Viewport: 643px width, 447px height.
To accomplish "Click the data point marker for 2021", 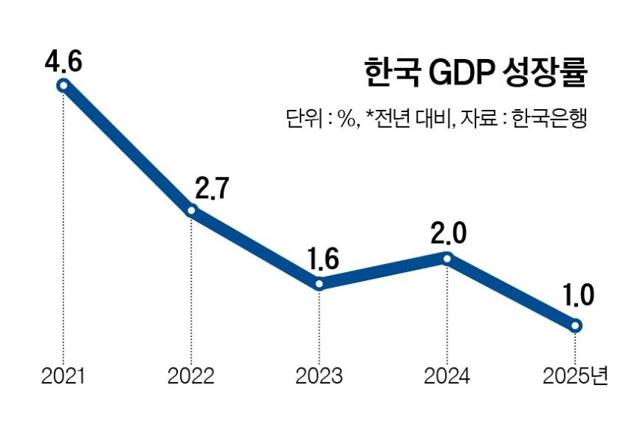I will [64, 85].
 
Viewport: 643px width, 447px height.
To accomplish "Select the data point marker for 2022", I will [191, 211].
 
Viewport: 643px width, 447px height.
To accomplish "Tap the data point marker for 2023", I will [319, 284].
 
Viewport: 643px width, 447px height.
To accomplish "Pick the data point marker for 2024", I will [447, 259].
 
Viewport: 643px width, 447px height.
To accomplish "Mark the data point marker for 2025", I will [575, 325].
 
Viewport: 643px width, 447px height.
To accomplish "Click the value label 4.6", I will [63, 60].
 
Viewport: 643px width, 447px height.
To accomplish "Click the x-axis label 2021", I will [64, 376].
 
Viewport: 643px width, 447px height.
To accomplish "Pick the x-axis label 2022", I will [191, 376].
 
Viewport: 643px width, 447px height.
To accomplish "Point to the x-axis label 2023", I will [319, 376].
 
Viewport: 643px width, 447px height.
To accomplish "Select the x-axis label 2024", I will [447, 376].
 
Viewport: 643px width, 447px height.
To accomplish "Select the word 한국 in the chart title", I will [388, 75].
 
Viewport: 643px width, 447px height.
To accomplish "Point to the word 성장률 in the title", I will [538, 75].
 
